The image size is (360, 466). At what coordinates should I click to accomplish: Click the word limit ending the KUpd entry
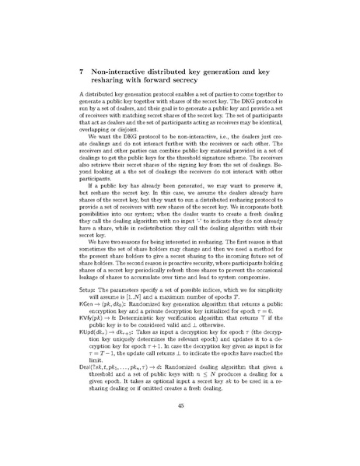(x=95, y=358)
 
